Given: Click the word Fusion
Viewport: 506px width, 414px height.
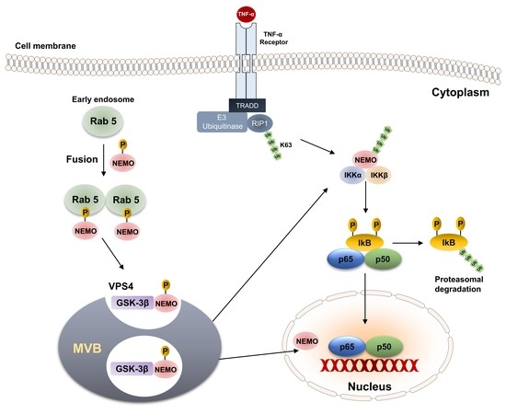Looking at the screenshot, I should tap(56, 159).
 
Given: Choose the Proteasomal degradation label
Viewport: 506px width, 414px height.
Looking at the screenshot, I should tap(456, 281).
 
